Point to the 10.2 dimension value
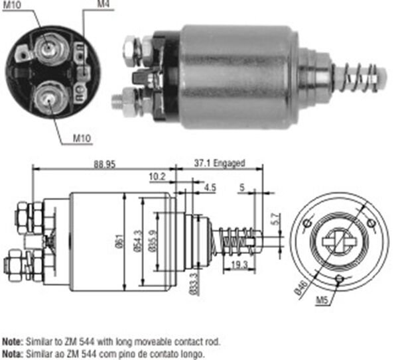(158, 176)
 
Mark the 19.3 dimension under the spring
(239, 264)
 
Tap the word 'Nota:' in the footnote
(13, 351)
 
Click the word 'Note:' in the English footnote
(13, 341)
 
